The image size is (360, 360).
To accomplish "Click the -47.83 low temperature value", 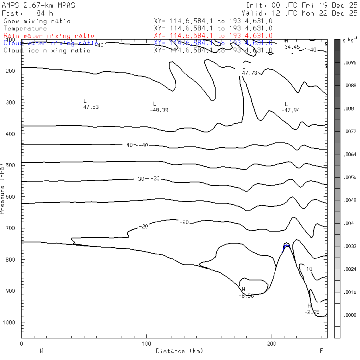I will click(89, 107).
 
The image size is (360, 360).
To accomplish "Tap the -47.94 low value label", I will click(290, 110).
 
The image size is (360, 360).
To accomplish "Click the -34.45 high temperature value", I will click(290, 47).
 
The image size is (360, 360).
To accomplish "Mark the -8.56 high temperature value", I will click(246, 296).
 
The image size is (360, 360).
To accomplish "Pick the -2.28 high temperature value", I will click(312, 312).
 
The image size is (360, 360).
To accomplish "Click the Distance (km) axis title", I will click(179, 351).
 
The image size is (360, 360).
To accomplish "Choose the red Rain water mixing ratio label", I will click(49, 36).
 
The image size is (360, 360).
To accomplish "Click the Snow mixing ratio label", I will click(37, 21).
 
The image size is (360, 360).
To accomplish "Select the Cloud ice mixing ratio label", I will click(47, 50).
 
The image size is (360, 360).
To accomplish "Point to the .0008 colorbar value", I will click(350, 315).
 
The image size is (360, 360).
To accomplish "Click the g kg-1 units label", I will click(350, 40).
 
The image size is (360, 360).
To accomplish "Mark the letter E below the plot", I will click(321, 351).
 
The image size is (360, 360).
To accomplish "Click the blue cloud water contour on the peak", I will click(286, 246).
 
